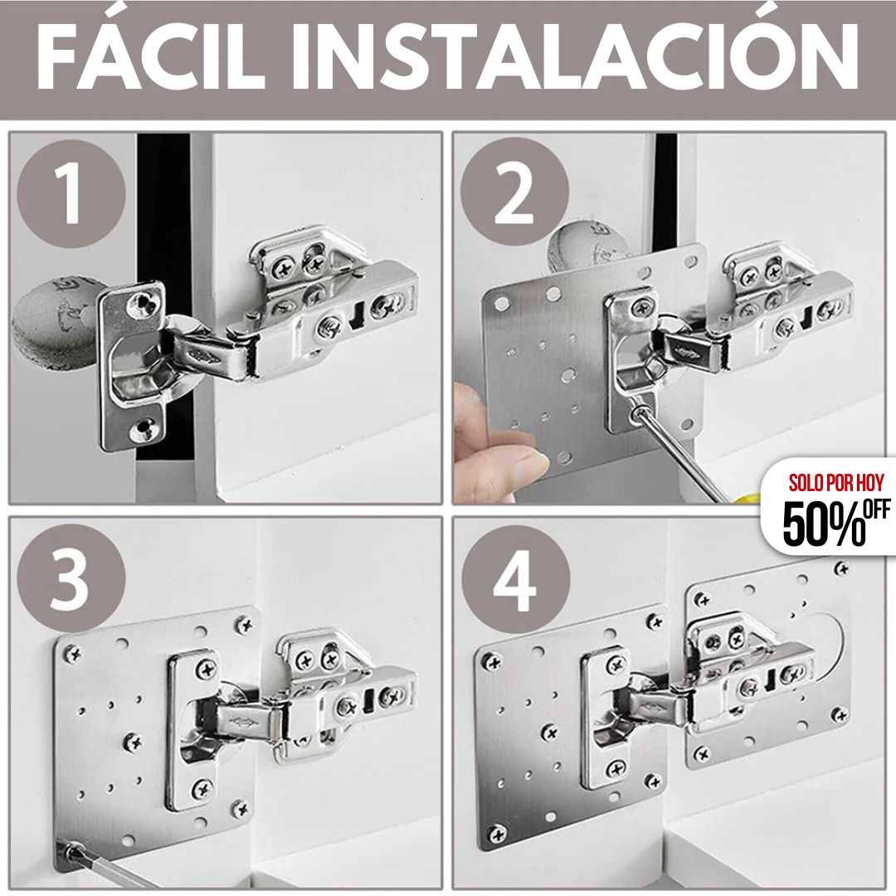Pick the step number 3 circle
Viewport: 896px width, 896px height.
71,578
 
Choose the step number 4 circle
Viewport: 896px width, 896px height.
515,578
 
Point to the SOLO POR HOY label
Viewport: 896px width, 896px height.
835,482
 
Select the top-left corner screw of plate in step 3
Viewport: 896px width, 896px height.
72,654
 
